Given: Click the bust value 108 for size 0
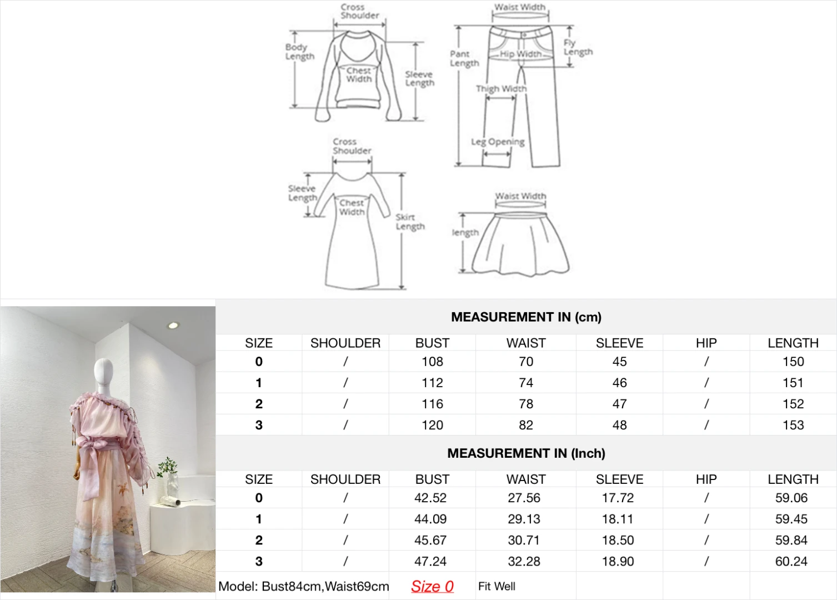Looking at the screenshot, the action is [x=432, y=362].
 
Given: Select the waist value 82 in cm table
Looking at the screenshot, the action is [x=526, y=425].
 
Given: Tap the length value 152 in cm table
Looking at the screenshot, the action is [x=793, y=404].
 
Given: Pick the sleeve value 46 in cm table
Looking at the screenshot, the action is [x=619, y=383].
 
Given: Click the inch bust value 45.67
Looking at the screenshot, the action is [x=430, y=540].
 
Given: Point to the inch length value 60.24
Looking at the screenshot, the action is [x=791, y=562].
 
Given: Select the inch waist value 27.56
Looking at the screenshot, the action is [x=524, y=498].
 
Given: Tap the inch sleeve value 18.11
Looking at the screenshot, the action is [x=618, y=519].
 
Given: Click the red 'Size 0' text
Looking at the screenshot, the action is [x=432, y=586].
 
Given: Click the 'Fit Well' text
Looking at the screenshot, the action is [x=497, y=586].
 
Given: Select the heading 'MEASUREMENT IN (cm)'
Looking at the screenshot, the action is [x=526, y=317].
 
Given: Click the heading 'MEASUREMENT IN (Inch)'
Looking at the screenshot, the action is [x=526, y=453].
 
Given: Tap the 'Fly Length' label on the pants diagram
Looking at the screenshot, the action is [x=578, y=47].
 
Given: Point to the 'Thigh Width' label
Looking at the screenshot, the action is [x=501, y=88].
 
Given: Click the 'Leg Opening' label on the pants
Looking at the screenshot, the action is [x=498, y=142].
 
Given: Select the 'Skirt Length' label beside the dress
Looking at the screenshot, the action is [x=410, y=222].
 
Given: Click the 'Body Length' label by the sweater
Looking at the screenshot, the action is [x=300, y=52].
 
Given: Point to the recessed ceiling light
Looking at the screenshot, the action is [x=173, y=326].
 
